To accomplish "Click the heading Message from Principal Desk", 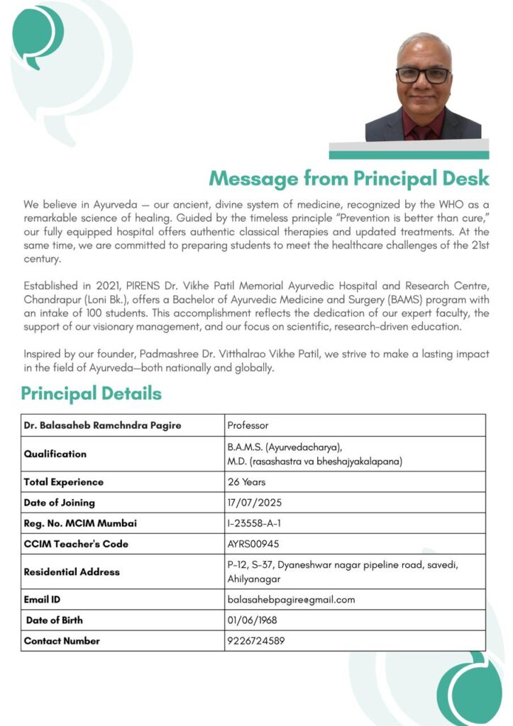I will point(348,177).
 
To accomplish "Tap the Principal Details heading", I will point(91,393).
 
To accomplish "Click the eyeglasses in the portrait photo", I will point(423,75).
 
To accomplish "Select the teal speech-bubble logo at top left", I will point(38,35).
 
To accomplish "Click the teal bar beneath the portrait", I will point(408,155).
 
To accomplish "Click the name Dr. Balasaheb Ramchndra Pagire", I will point(102,425).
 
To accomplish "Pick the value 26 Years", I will point(246,482).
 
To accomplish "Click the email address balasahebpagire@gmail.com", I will point(291,600).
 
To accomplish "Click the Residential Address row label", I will point(72,572).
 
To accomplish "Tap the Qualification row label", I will point(55,454).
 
